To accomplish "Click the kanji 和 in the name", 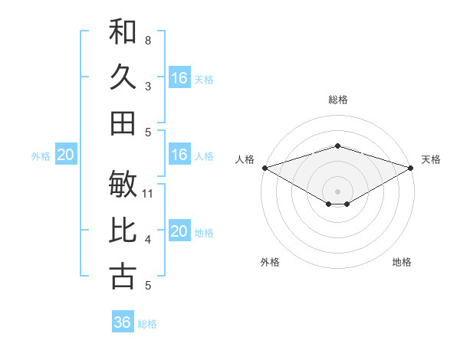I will click(123, 32).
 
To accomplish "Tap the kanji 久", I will click(123, 77).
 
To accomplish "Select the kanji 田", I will click(123, 123).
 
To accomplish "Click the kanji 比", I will click(123, 231).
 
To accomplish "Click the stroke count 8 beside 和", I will click(147, 40).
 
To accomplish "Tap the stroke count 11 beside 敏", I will click(149, 193).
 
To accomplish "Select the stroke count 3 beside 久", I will click(147, 86).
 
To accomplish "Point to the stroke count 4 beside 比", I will click(147, 240).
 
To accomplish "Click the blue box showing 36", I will click(123, 322).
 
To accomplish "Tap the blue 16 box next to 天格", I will click(179, 78).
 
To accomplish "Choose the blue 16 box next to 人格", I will click(179, 155).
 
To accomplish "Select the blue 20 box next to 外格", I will click(66, 155).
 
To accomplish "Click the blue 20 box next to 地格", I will click(179, 231).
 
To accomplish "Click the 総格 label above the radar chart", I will click(337, 100).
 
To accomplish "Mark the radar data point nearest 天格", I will click(412, 167).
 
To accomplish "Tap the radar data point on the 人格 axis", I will click(264, 167).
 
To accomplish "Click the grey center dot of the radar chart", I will click(337, 191).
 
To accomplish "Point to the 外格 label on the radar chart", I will click(270, 262).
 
